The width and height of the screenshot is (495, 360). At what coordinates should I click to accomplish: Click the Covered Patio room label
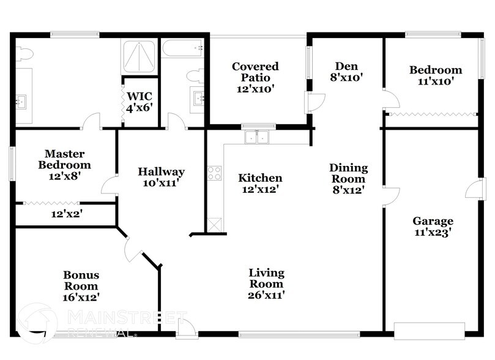click(x=255, y=77)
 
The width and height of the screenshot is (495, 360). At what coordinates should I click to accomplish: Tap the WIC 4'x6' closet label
click(x=140, y=102)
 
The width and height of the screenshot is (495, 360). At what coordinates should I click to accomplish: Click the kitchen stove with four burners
click(x=214, y=173)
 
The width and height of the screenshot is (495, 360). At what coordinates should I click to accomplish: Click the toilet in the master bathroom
click(x=22, y=54)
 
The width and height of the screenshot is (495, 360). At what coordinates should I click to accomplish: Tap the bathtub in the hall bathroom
click(x=183, y=47)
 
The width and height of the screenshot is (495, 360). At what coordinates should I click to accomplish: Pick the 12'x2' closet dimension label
click(x=66, y=214)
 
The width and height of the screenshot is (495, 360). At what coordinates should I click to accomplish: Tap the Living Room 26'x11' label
click(x=266, y=283)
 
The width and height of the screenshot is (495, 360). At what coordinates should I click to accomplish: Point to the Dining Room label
click(x=349, y=178)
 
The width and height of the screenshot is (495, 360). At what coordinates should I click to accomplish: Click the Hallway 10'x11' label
click(x=161, y=177)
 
